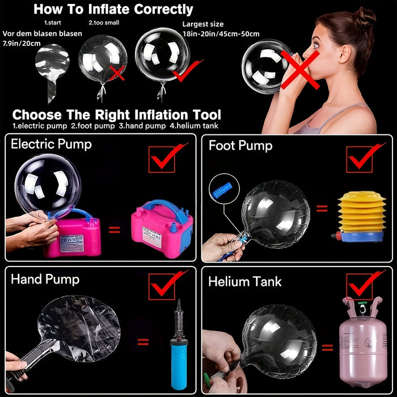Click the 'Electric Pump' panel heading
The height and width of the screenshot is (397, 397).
click(52, 144)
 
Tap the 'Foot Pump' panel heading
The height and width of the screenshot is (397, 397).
click(240, 146)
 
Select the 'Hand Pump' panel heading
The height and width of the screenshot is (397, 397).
click(45, 279)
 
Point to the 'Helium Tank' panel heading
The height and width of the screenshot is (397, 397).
click(244, 281)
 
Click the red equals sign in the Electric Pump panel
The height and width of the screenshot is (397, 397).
click(115, 230)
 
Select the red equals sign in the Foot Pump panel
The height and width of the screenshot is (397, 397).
click(322, 208)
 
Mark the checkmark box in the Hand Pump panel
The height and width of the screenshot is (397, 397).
click(162, 287)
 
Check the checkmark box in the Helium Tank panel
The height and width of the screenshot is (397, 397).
click(358, 287)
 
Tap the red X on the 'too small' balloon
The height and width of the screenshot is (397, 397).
click(117, 72)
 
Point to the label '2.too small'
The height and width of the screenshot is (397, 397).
click(104, 23)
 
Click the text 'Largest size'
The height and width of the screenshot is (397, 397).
click(202, 24)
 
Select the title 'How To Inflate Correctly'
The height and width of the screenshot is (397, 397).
click(113, 9)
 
